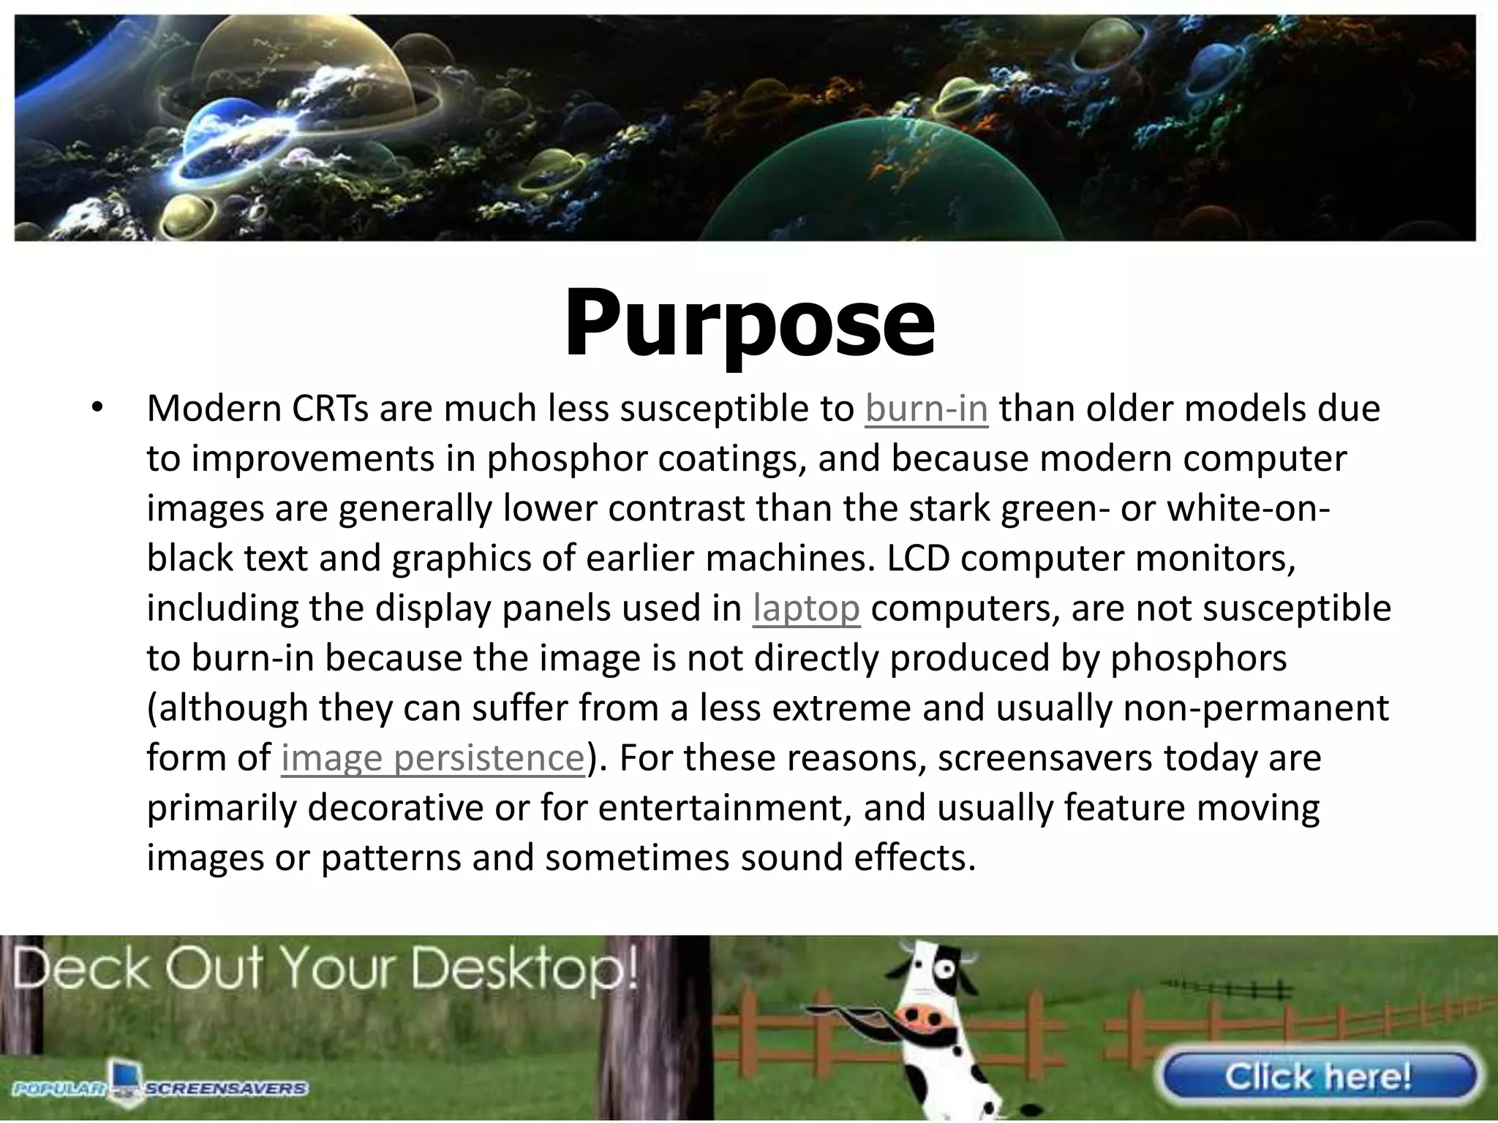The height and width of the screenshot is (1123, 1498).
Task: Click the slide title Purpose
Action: pos(749,323)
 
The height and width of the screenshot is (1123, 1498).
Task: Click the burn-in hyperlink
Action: pos(926,409)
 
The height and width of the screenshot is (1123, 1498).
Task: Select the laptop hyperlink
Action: pos(806,608)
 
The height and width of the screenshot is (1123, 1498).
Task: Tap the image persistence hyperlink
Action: pos(432,757)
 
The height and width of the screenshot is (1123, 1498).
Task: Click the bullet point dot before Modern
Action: pos(95,408)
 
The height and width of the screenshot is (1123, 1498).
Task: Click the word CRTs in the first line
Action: pos(331,409)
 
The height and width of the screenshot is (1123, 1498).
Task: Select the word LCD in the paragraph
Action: pos(919,559)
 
